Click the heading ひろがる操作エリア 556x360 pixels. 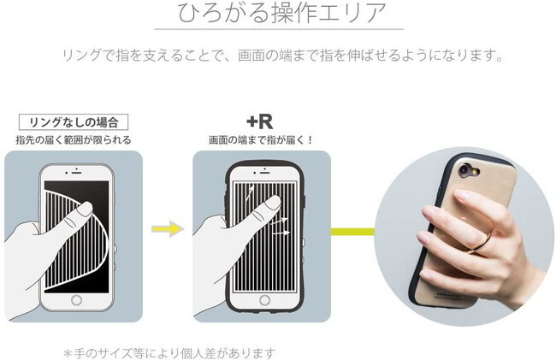point(279,15)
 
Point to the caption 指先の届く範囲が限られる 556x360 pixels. point(73,139)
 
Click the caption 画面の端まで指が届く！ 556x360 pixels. point(261,139)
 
